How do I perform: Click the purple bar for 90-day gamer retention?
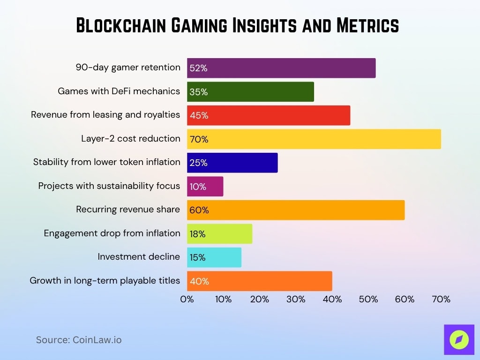point(281,68)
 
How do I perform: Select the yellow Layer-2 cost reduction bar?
point(314,139)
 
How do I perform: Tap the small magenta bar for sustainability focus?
point(205,187)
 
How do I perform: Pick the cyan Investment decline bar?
point(214,257)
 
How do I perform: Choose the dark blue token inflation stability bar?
point(232,163)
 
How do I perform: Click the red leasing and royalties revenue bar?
point(269,115)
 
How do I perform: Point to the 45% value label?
point(199,116)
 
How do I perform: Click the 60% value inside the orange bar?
point(199,210)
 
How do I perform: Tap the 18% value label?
point(197,234)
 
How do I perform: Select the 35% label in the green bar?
point(198,92)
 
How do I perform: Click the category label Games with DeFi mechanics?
point(119,91)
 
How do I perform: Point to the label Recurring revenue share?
point(128,209)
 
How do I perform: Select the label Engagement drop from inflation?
point(112,233)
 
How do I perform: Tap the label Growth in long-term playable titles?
point(105,280)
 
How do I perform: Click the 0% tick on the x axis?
point(187,299)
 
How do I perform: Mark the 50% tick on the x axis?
point(368,299)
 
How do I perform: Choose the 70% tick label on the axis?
point(441,299)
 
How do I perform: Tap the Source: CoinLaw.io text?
point(79,340)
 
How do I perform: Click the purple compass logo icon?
point(459,339)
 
